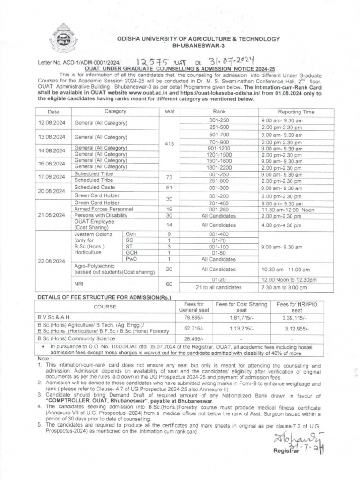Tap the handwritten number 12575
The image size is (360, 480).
153,61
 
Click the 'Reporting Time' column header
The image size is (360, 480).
296,112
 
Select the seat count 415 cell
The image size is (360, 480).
169,144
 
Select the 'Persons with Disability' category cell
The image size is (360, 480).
101,216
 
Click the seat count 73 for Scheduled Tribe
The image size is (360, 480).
169,177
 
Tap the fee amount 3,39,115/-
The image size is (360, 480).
297,317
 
